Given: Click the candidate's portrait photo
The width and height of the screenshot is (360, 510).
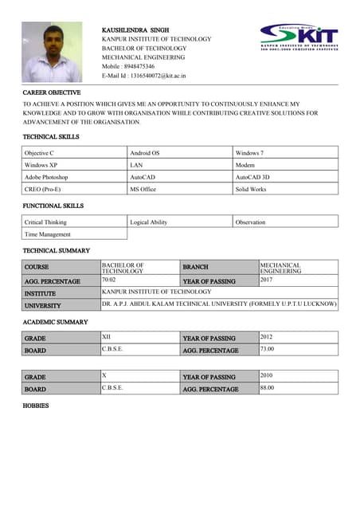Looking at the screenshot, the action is [51, 53].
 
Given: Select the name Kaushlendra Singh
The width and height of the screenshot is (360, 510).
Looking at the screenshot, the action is [135, 29].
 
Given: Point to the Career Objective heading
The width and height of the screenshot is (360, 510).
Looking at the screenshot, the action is [52, 93].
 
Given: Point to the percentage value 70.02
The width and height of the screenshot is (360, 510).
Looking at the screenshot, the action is [109, 280].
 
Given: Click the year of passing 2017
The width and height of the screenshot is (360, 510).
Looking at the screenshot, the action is [268, 280].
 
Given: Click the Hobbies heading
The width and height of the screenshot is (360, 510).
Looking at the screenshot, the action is [37, 406].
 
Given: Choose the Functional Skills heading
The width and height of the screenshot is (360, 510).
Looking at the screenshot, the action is [53, 206].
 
